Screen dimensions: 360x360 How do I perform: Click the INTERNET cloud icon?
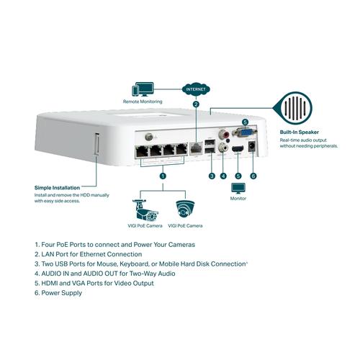[196, 90]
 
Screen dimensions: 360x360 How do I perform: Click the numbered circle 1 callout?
[163, 175]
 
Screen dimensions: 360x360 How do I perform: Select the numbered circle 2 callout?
[196, 105]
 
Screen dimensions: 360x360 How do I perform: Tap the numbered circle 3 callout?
[211, 176]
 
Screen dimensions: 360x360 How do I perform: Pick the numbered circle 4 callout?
[223, 176]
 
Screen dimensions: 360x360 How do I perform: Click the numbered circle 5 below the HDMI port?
[238, 176]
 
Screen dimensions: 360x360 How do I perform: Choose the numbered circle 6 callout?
[253, 176]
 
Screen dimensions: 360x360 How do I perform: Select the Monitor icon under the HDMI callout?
[238, 189]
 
